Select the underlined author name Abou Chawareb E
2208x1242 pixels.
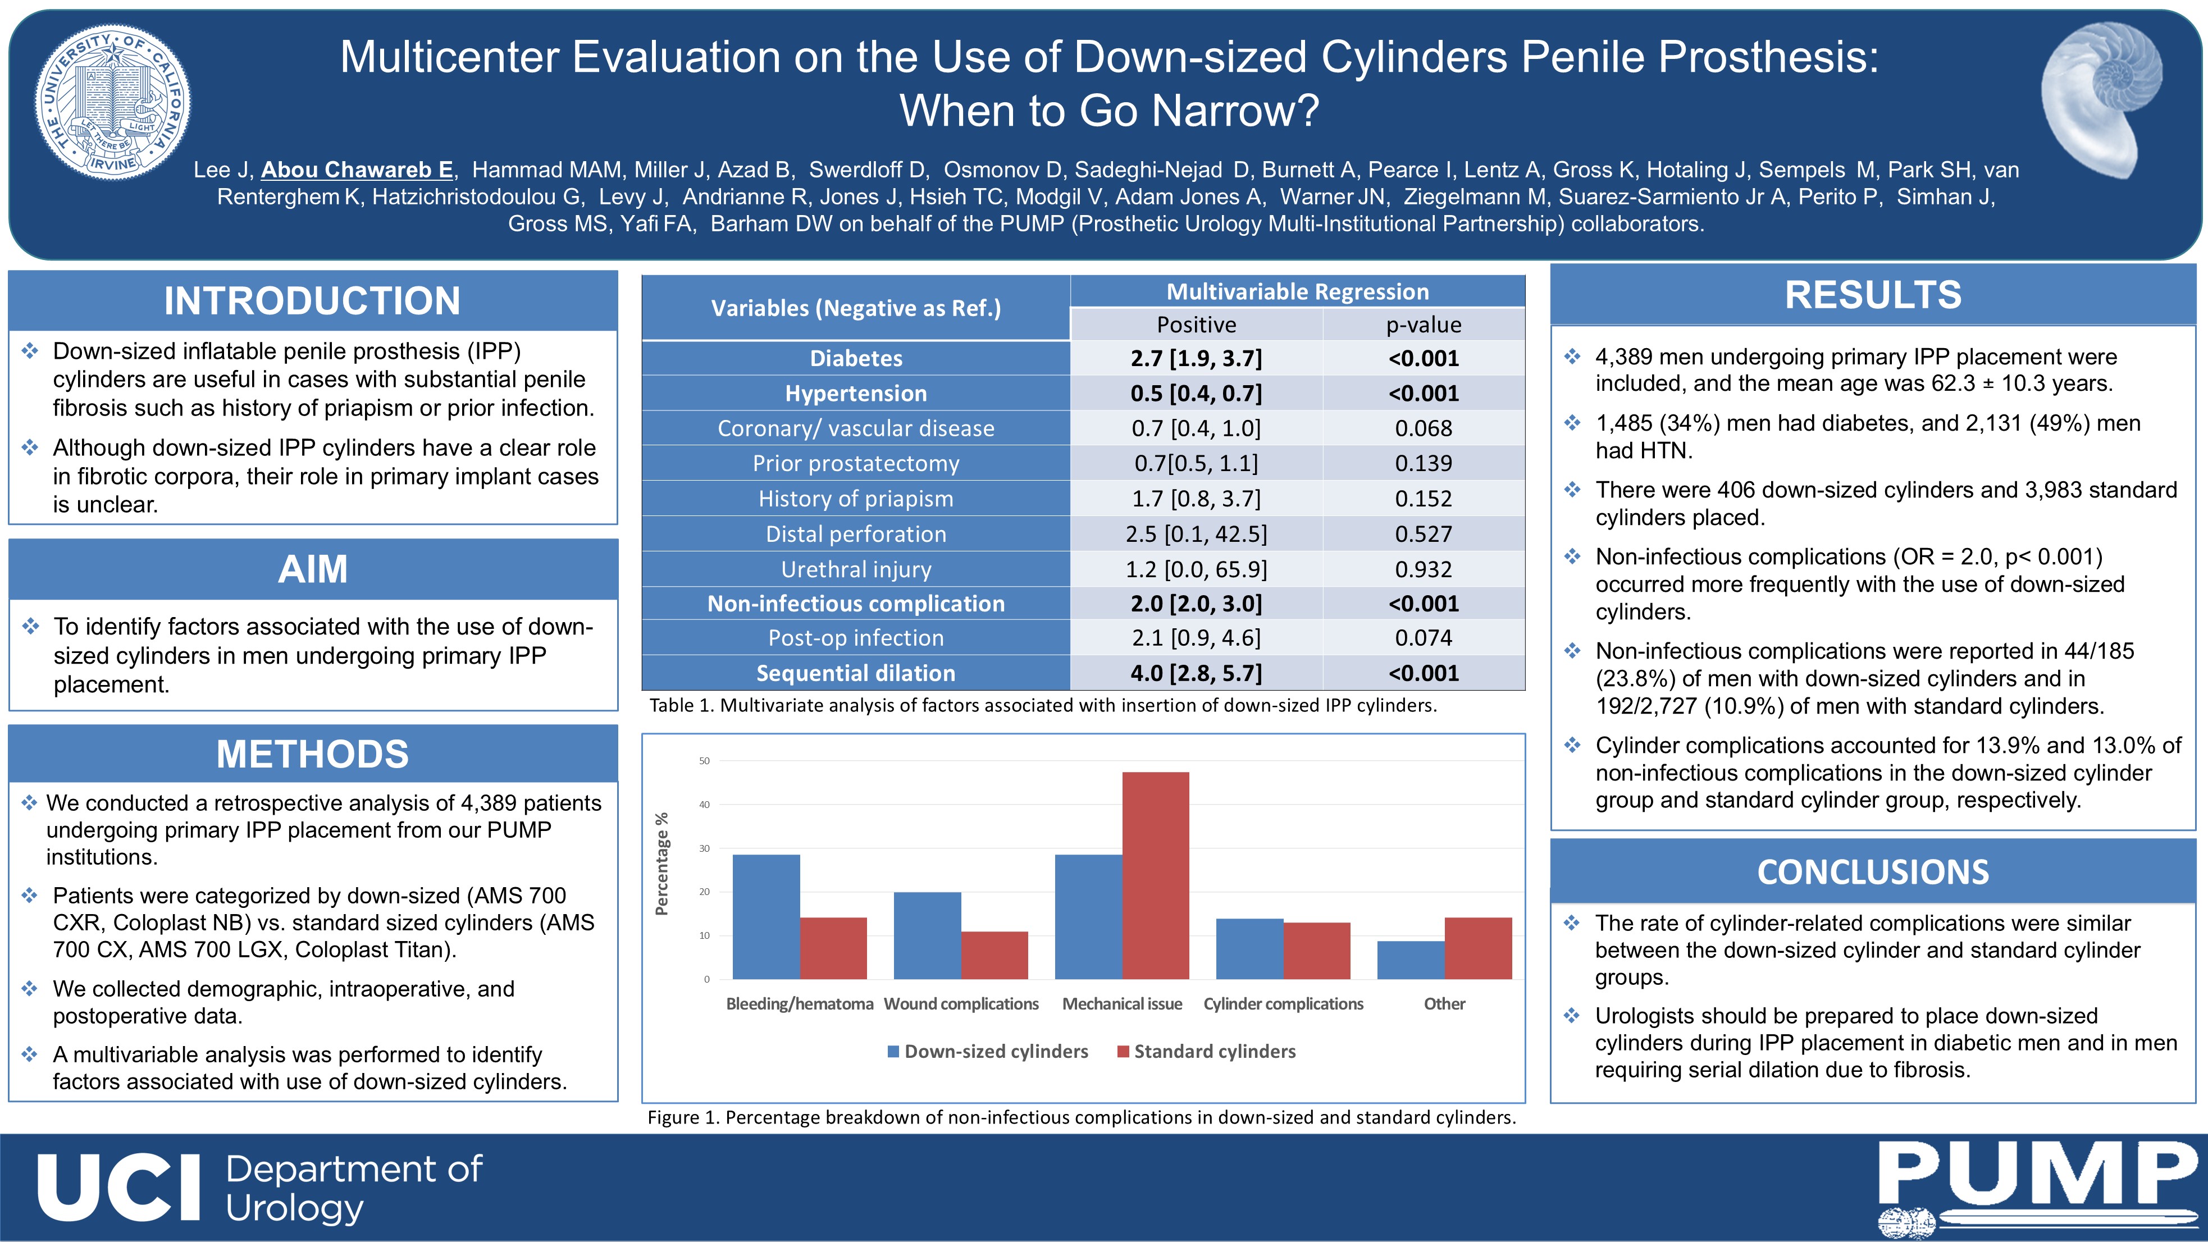click(357, 170)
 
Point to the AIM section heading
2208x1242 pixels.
click(313, 569)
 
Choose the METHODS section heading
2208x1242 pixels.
click(312, 754)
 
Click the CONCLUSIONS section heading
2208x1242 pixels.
click(1873, 872)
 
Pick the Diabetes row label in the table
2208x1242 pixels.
click(856, 358)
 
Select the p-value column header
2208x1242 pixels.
click(1424, 325)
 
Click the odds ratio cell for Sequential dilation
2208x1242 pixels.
click(1197, 673)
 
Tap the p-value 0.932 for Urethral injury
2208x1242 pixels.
click(1424, 569)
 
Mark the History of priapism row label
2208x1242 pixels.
click(856, 499)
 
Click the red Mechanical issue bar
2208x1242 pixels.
click(1156, 875)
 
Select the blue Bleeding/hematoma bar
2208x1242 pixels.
click(767, 916)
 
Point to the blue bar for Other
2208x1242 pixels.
click(1411, 960)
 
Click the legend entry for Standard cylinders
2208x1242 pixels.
click(1206, 1052)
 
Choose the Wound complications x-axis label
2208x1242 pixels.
click(961, 1004)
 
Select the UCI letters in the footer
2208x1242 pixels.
click(119, 1187)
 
